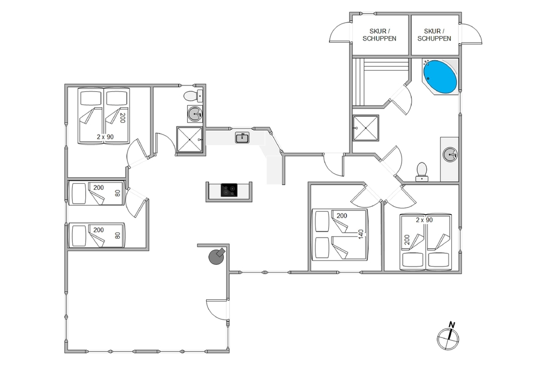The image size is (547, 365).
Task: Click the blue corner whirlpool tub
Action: click(440, 77)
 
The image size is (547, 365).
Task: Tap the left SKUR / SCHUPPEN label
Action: click(379, 35)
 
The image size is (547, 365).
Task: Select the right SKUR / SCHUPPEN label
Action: click(434, 35)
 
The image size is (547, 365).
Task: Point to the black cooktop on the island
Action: click(229, 190)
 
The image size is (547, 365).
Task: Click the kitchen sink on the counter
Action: click(242, 137)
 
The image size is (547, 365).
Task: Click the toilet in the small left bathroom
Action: click(193, 95)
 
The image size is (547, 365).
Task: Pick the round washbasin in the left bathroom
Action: click(195, 113)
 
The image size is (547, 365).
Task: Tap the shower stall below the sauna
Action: click(365, 128)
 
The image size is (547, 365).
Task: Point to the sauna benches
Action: click(380, 82)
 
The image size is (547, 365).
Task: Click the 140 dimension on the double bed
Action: click(361, 234)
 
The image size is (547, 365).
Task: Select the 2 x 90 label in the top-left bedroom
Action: click(106, 137)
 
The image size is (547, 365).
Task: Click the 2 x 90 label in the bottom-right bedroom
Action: click(424, 220)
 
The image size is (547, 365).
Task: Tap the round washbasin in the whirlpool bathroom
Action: click(450, 154)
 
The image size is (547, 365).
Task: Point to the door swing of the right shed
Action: click(472, 33)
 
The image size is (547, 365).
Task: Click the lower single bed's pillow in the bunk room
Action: click(79, 235)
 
